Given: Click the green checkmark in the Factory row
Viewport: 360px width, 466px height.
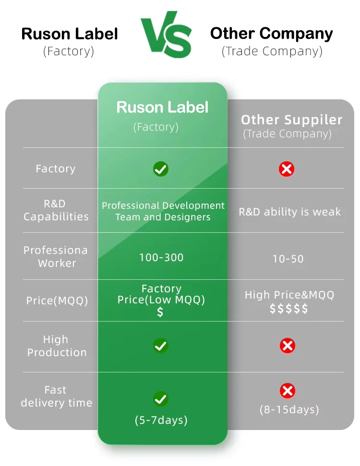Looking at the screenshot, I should pos(160,169).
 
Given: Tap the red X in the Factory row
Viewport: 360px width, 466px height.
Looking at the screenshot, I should pos(287,169).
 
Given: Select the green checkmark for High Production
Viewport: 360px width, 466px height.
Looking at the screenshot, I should pos(160,346).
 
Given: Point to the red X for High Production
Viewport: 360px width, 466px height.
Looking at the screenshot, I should pos(287,346).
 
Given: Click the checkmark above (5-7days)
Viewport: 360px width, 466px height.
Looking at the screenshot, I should pos(160,399).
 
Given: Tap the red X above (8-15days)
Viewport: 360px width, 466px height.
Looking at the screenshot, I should pos(287,391).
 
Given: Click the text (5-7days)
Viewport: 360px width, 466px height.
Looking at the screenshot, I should pos(161,420).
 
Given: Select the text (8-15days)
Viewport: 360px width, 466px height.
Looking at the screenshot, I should pos(289,410).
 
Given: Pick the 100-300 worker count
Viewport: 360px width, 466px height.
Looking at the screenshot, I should pos(161,258).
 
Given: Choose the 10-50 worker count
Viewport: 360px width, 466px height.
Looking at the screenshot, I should pos(288,259).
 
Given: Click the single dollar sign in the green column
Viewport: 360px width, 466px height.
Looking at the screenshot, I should pos(160,312).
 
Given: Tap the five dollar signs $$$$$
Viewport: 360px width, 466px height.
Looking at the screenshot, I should pos(289,309).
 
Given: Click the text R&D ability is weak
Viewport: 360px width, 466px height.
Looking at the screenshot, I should pos(290,212).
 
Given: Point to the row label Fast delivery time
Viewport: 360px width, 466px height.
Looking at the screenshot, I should pos(56,396).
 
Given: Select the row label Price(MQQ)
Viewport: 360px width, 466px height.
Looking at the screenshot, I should pos(57,301).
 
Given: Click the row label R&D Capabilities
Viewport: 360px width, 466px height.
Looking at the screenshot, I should pos(56,210).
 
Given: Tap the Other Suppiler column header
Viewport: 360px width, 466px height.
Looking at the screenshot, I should pos(292,120).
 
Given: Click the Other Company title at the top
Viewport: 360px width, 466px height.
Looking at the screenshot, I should pos(272,34).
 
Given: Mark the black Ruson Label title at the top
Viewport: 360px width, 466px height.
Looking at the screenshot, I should pos(70,34).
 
